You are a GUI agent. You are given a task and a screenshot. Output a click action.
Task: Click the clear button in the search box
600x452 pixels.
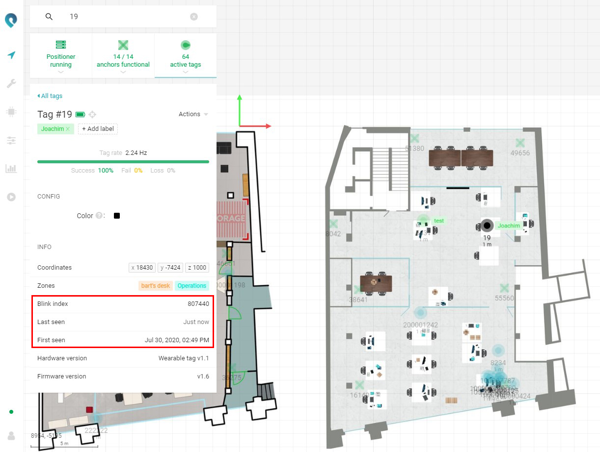point(194,17)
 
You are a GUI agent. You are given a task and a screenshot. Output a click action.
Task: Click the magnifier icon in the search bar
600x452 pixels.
point(49,17)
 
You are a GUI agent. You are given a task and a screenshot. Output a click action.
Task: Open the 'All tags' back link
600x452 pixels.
point(50,96)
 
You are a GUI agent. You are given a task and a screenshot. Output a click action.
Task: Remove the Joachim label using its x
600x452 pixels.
point(68,129)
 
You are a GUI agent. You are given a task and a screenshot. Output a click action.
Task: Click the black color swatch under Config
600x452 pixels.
point(117,216)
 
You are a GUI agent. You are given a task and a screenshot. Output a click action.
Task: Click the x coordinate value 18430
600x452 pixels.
point(142,268)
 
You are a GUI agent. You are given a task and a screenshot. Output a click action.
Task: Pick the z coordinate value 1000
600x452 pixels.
point(197,268)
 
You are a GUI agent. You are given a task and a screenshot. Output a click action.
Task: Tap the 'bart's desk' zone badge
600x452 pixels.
point(156,286)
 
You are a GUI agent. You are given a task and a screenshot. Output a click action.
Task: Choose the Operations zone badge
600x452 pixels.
point(192,286)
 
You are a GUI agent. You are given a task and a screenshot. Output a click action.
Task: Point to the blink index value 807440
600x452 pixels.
point(198,304)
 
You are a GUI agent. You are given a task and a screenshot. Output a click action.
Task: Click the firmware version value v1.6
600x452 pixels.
point(203,377)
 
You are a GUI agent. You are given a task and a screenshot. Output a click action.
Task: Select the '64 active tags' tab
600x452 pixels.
point(186,55)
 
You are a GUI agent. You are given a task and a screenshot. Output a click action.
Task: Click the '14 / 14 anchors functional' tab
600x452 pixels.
point(123,55)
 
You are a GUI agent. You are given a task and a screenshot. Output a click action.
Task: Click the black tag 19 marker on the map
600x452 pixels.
point(487,226)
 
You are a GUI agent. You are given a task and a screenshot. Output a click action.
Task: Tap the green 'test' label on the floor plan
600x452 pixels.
point(439,221)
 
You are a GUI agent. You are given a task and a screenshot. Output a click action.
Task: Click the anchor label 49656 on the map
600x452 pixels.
point(520,153)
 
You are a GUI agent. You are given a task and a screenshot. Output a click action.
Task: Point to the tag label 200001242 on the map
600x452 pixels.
point(420,325)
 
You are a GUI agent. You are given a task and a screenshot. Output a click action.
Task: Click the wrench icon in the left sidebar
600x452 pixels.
point(11,84)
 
